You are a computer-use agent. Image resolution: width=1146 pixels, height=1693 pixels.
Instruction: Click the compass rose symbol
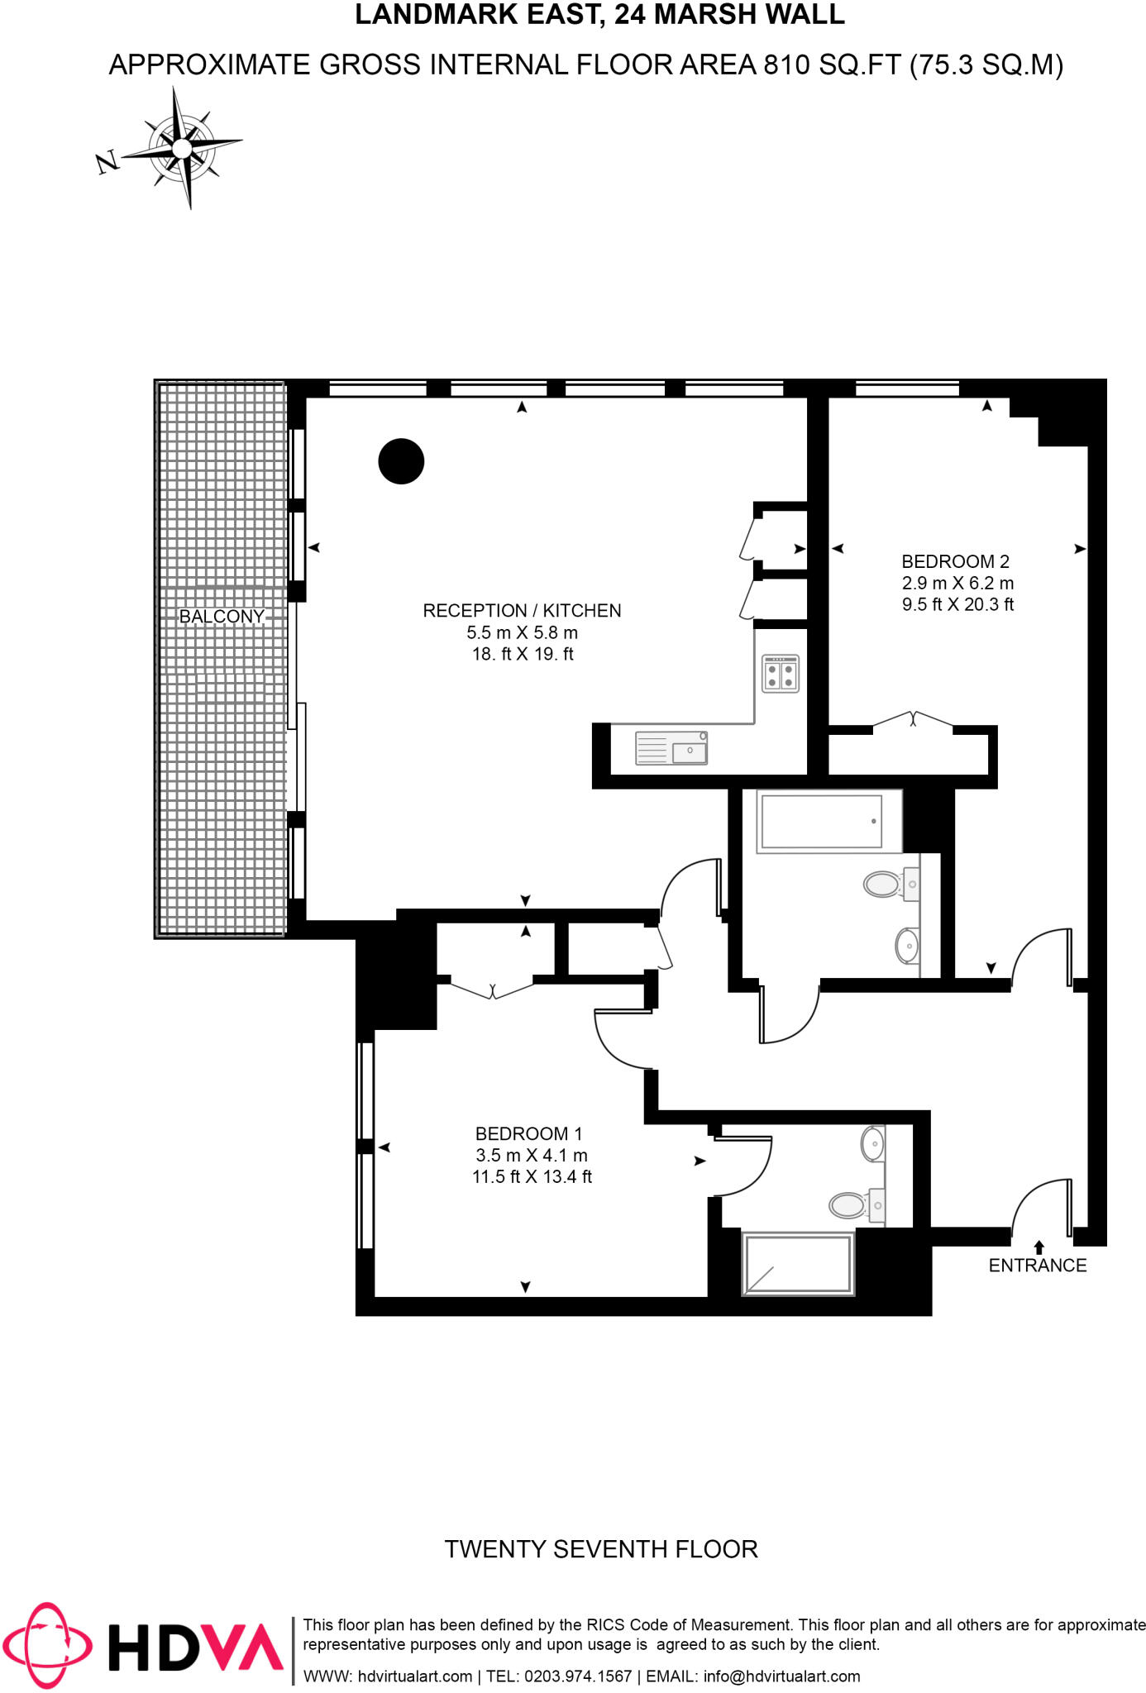[182, 148]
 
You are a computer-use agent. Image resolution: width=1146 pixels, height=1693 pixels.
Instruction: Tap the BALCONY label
[222, 617]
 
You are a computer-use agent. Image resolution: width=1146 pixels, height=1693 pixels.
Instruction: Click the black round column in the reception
[401, 461]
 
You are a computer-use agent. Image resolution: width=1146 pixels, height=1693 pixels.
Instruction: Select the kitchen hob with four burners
[781, 673]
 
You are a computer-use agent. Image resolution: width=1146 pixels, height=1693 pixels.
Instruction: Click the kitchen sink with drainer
[671, 748]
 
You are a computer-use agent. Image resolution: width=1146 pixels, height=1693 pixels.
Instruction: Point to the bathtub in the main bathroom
[821, 822]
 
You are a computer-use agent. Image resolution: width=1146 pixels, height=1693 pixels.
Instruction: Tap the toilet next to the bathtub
[883, 884]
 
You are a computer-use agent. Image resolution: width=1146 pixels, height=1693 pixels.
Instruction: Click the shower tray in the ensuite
[798, 1264]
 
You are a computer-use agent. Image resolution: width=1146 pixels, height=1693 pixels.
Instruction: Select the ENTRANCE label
[1038, 1266]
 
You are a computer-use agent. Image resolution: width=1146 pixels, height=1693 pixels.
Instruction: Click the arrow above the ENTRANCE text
[1039, 1247]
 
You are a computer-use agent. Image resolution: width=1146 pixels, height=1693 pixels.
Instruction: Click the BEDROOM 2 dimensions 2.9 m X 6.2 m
[957, 583]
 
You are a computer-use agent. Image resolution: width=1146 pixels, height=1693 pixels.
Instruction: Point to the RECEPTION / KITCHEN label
[522, 611]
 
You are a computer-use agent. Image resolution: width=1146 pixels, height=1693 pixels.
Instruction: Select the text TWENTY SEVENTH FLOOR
[601, 1549]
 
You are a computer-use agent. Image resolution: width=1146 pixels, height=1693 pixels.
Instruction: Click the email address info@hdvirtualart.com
[781, 1676]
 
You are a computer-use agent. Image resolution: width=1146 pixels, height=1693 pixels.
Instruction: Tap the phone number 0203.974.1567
[578, 1676]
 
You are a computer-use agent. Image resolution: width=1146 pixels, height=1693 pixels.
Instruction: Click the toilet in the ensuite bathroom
[850, 1204]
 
